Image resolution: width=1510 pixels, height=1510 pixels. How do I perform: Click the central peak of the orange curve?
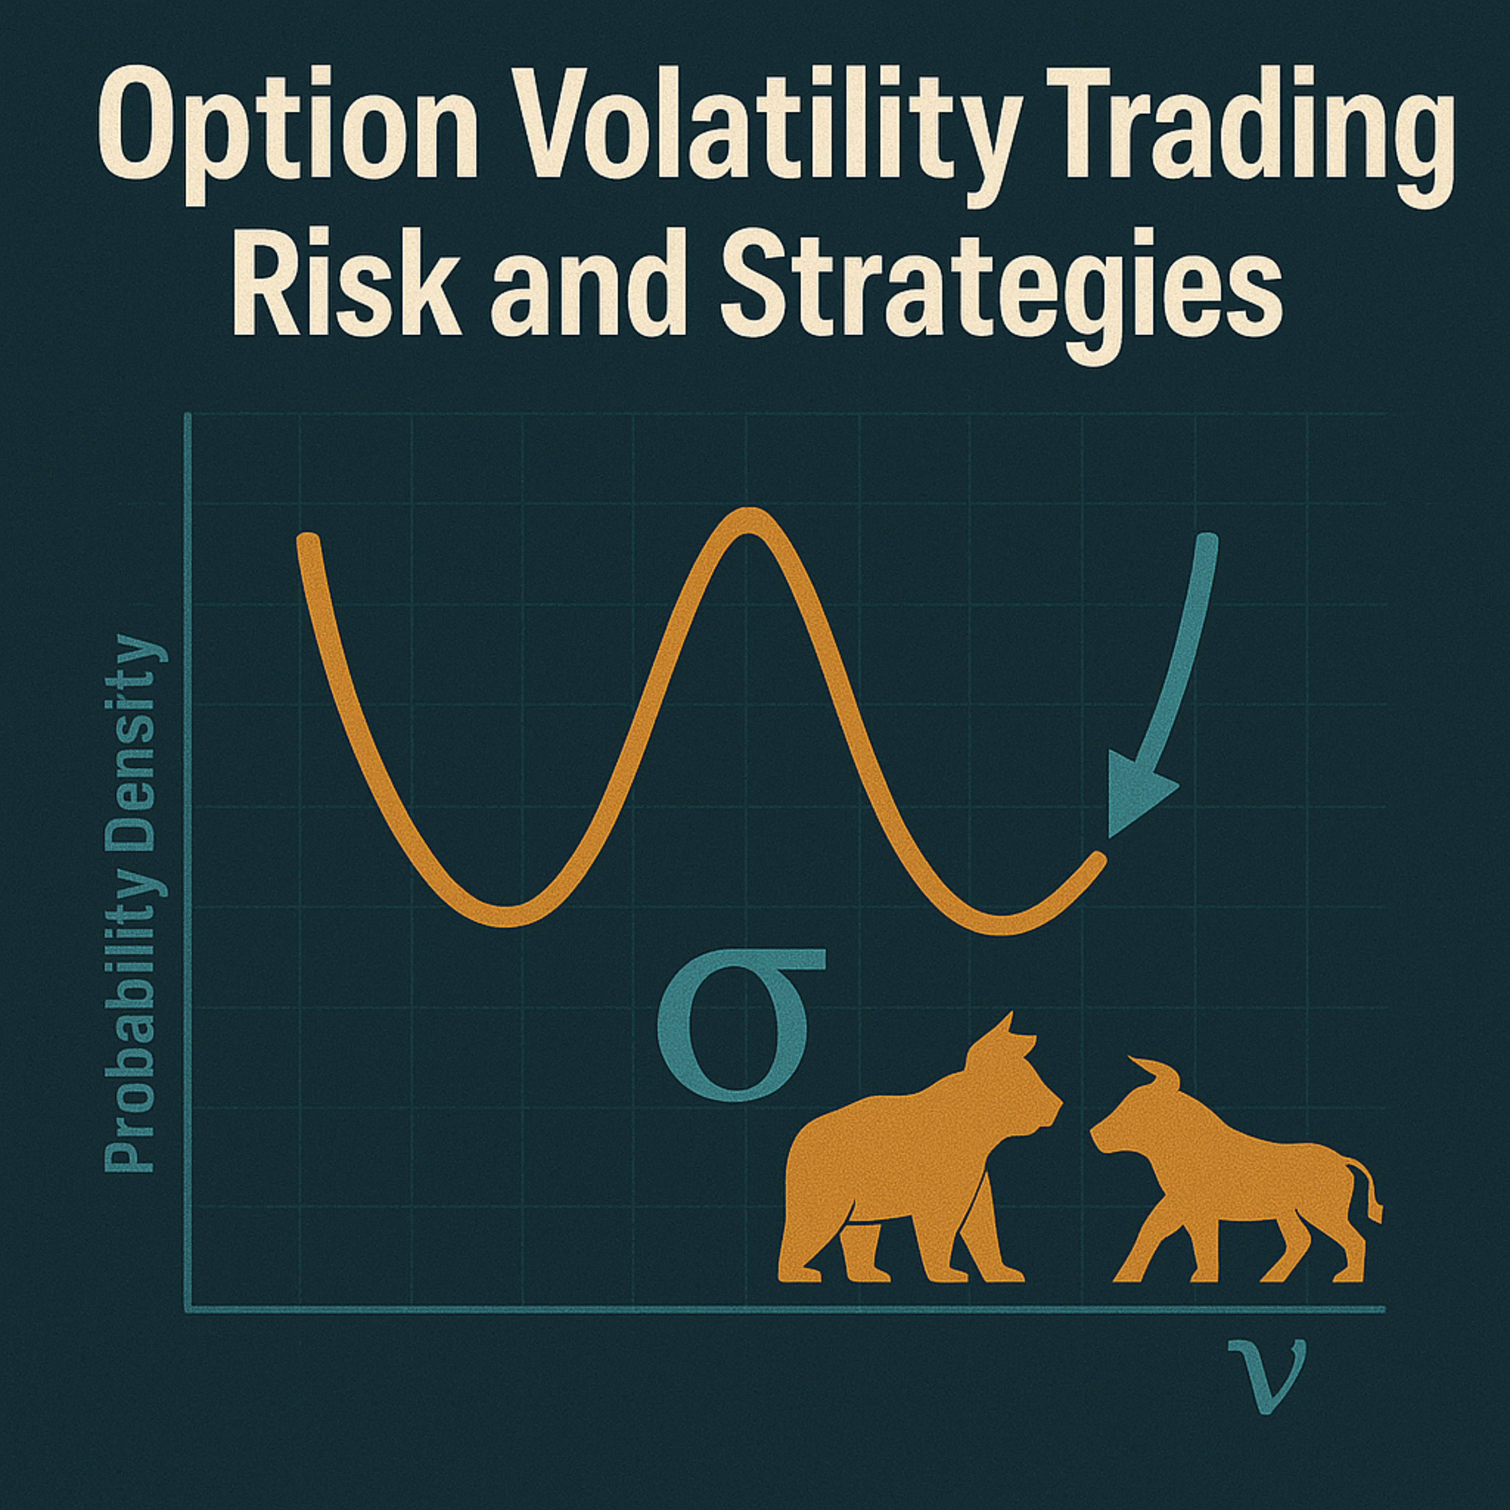point(748,521)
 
